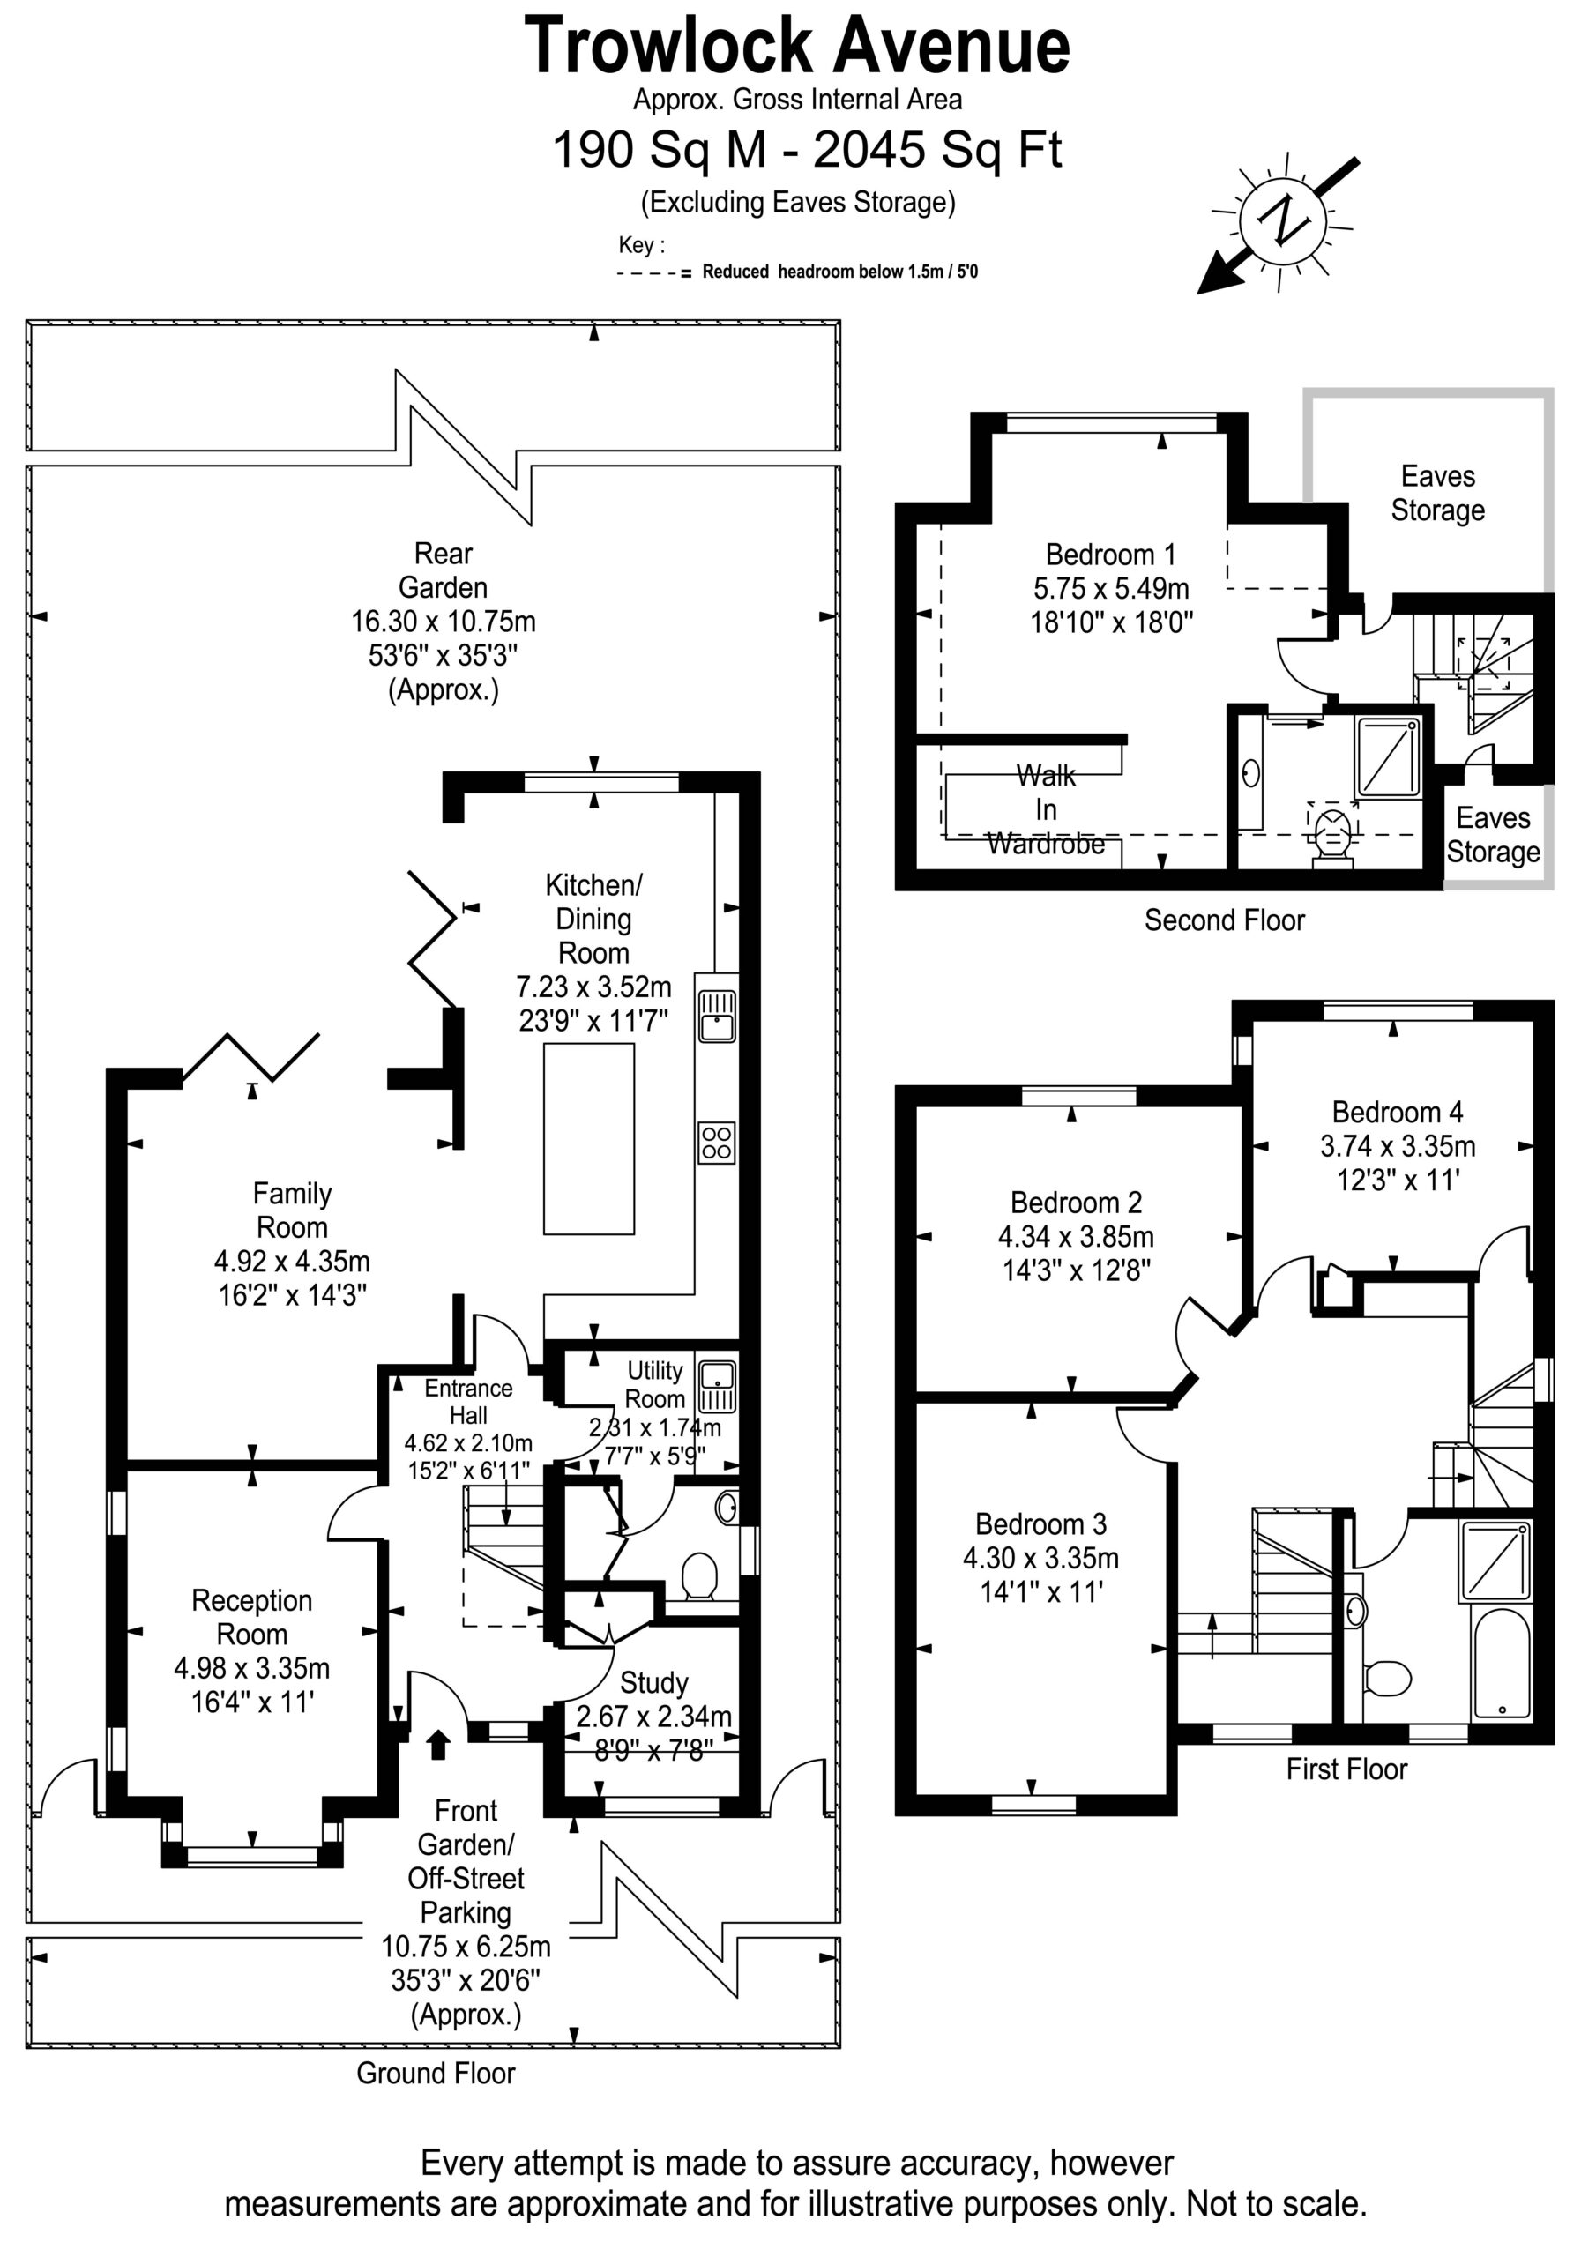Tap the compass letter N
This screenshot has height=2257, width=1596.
coord(1283,220)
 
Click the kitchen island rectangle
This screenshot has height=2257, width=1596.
coord(589,1138)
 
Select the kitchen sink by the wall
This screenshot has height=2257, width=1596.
coord(717,1016)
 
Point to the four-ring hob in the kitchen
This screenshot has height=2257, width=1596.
coord(717,1143)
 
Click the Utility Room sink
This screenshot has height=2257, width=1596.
coord(717,1386)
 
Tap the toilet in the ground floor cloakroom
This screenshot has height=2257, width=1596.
coord(699,1575)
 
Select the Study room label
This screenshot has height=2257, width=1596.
coord(654,1683)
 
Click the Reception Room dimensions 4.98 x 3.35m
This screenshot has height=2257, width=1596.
coord(251,1668)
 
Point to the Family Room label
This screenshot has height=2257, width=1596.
coord(292,1210)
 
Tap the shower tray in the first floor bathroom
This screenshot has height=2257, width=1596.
coord(1495,1561)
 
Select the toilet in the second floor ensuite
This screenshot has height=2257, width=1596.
coord(1332,834)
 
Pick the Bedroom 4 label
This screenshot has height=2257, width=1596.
coord(1398,1112)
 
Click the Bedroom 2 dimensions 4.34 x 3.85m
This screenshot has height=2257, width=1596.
coord(1076,1237)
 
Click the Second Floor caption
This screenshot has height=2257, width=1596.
coord(1224,920)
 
